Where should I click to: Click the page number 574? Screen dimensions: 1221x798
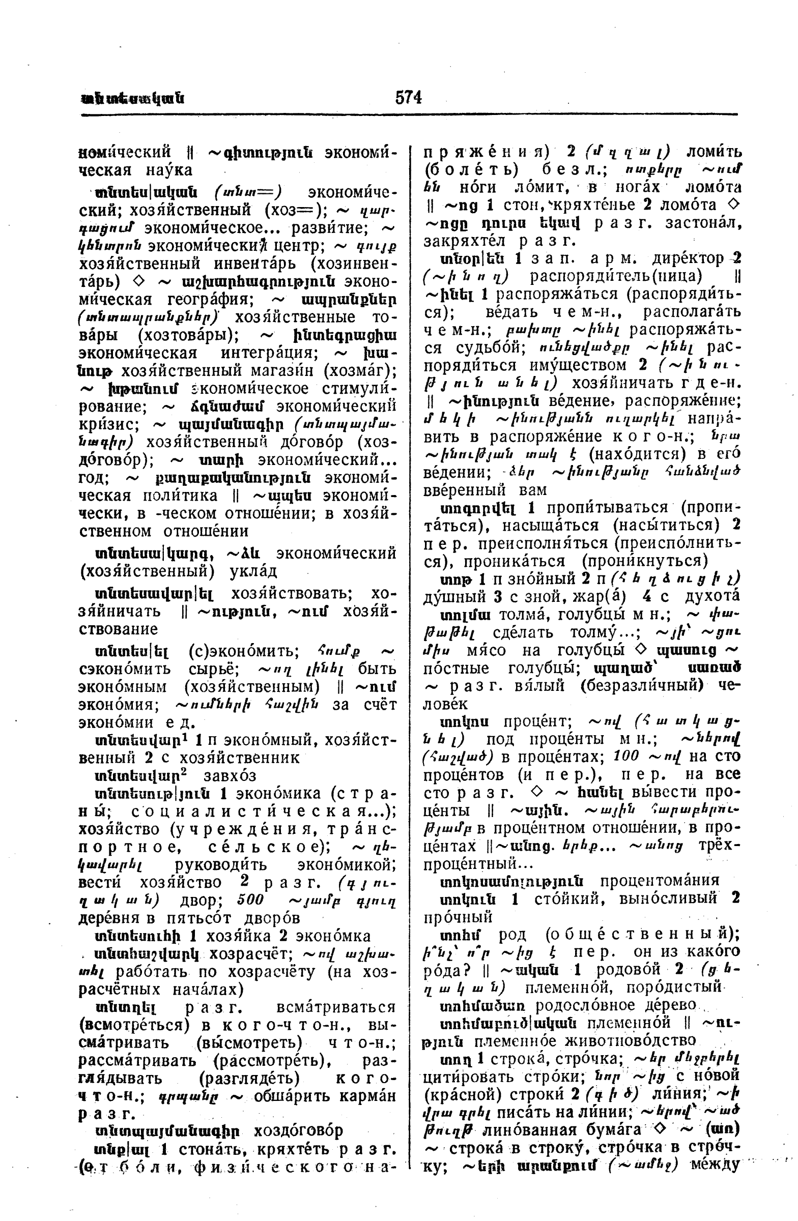click(409, 97)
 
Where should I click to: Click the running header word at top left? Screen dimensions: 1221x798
click(133, 98)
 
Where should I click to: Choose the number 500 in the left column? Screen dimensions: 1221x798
click(251, 900)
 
